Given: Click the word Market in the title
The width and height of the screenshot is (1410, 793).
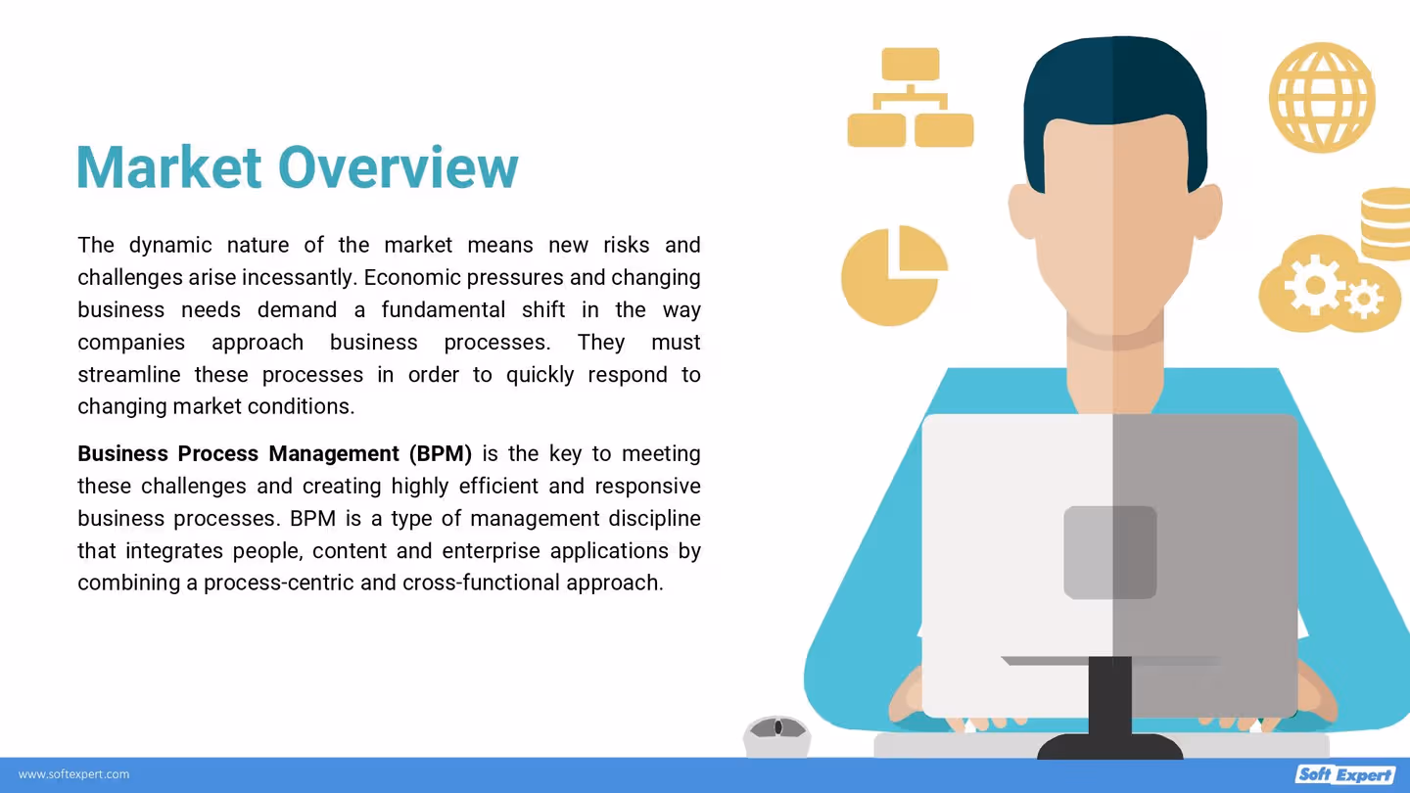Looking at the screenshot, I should tap(168, 167).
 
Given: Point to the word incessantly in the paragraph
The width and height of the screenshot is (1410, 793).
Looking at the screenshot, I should tap(299, 278).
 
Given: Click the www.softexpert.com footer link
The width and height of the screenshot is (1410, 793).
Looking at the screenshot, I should tap(74, 774).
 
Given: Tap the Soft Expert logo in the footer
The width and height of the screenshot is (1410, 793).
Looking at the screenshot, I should tap(1344, 774).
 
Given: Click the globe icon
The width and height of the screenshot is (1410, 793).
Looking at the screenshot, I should tap(1322, 97).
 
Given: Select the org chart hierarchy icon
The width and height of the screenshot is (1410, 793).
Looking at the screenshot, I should tap(910, 98).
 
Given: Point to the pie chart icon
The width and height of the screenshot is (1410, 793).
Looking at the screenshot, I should tap(893, 275).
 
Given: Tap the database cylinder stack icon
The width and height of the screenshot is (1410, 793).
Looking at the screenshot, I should tap(1387, 224).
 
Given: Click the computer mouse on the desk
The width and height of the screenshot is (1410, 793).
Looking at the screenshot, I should tap(776, 731).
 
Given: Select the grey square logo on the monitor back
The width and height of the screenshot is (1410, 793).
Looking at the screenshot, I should tap(1109, 552).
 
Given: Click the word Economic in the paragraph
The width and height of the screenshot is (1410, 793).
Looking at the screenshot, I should tap(410, 278).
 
